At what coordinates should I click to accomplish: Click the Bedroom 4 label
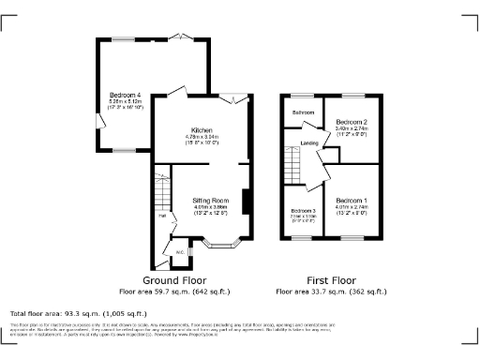pyautogui.click(x=125, y=95)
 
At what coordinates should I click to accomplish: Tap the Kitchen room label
pyautogui.click(x=202, y=129)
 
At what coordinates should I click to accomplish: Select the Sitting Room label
pyautogui.click(x=211, y=201)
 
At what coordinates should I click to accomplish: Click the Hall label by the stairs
pyautogui.click(x=161, y=217)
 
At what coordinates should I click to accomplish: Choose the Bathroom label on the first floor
pyautogui.click(x=302, y=112)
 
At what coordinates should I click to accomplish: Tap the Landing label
pyautogui.click(x=308, y=142)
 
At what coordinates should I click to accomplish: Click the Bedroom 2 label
pyautogui.click(x=351, y=122)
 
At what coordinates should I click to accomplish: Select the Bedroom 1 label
pyautogui.click(x=351, y=201)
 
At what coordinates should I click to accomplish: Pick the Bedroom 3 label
pyautogui.click(x=303, y=211)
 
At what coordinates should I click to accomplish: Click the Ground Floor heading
pyautogui.click(x=176, y=280)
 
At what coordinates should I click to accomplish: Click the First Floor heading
pyautogui.click(x=332, y=280)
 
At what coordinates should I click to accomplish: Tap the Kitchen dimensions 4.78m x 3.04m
pyautogui.click(x=202, y=137)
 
